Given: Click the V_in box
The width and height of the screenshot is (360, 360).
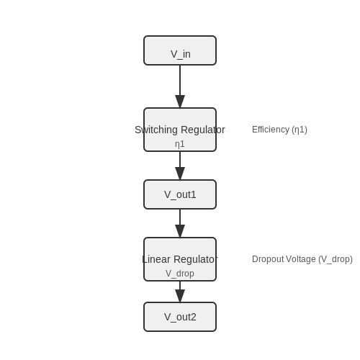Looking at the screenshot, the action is tap(180, 50).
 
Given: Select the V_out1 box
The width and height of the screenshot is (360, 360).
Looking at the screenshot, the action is tap(180, 194).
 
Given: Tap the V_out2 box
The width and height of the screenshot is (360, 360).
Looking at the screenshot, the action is tap(180, 317).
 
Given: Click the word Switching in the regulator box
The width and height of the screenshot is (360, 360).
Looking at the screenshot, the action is tap(156, 130).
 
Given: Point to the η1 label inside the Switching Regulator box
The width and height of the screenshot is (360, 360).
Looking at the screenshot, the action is tap(180, 144).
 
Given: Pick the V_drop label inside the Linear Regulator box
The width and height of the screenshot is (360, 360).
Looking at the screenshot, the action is tap(180, 274).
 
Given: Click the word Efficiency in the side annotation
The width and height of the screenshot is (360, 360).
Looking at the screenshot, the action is tap(271, 130).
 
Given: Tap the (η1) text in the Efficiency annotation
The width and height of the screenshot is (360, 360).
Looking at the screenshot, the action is tap(300, 130).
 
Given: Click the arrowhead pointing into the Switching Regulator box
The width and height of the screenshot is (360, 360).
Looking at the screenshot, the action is tap(180, 102).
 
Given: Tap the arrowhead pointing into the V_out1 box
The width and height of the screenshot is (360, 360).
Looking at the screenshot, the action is tap(180, 174).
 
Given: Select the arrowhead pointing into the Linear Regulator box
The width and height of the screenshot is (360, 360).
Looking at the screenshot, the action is tap(180, 231).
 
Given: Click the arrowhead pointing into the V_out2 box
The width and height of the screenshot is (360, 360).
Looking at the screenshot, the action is tap(180, 296).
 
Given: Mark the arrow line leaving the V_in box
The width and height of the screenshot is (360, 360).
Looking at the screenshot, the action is tap(180, 86).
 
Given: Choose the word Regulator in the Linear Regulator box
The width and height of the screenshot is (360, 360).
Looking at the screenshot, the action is tap(196, 259).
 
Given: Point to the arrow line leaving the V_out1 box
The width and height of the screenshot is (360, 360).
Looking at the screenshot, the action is tap(180, 223).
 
